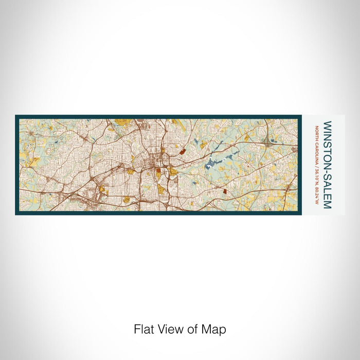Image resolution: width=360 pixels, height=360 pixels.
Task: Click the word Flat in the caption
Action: point(143,329)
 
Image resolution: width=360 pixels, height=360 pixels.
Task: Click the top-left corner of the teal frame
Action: point(16,116)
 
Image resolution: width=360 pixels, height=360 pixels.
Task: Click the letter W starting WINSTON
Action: point(328,124)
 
